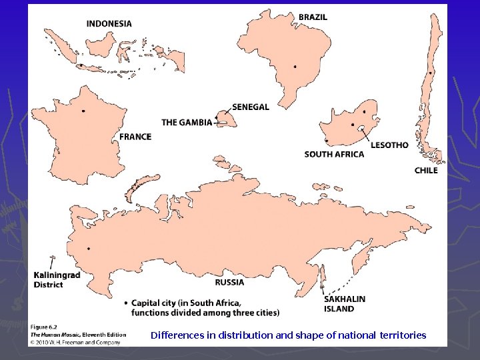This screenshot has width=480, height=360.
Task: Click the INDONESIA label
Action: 109,23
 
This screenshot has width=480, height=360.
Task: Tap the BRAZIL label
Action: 313,17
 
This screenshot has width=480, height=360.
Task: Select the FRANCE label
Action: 135,137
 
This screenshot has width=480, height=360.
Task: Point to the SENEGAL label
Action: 251,107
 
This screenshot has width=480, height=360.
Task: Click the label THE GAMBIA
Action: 187,122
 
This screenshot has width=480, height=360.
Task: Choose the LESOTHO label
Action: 389,145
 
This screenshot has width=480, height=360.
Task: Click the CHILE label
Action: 426,170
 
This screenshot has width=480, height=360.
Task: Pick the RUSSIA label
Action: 229,282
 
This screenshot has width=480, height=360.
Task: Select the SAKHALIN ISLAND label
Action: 345,304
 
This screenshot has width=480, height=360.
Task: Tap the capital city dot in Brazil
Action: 295,67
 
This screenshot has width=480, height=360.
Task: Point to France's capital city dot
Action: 83,111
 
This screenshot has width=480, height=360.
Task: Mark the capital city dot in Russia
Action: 88,249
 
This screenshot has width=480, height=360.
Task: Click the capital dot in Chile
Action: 431,73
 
